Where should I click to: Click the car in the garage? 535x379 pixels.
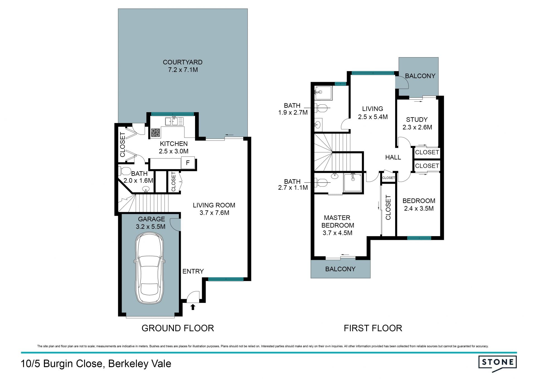tap(149, 268)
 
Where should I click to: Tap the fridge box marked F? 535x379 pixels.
tap(188, 163)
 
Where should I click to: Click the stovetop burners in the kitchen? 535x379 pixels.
tap(155, 133)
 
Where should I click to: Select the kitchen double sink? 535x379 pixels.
tap(174, 121)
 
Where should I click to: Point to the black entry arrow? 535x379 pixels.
tap(193, 307)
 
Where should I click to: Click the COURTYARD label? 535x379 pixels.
tap(183, 62)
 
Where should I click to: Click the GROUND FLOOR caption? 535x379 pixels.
tap(178, 328)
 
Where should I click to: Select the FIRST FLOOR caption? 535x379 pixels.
tap(373, 328)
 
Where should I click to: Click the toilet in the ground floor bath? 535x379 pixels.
tap(125, 171)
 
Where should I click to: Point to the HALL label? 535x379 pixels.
tap(393, 157)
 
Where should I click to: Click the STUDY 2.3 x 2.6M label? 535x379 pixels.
tap(417, 123)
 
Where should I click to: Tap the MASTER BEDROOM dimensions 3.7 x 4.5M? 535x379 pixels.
tap(337, 233)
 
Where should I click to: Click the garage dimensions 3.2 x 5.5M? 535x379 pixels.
tap(151, 227)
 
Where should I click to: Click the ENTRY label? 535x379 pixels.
tap(193, 271)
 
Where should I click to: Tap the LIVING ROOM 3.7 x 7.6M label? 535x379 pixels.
tap(214, 209)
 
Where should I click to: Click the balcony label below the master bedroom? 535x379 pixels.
tap(340, 269)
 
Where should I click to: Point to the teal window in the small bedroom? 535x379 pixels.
tap(419, 238)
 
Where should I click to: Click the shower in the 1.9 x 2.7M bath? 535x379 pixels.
tap(323, 93)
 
